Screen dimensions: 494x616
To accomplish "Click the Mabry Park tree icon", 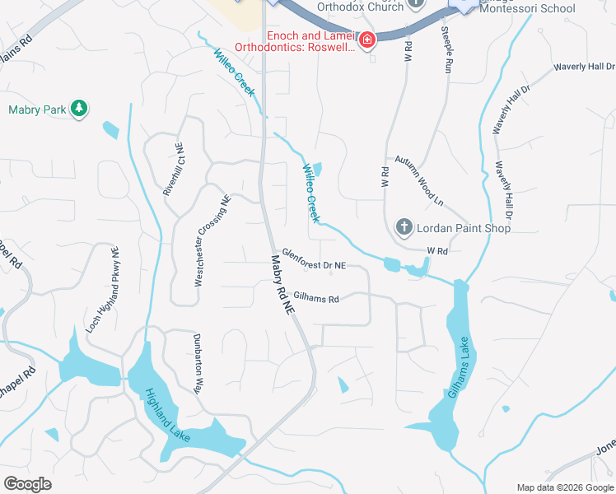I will click(x=78, y=109).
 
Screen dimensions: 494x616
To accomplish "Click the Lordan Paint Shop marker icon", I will click(x=404, y=226).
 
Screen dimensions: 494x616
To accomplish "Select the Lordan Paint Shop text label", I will click(x=463, y=227).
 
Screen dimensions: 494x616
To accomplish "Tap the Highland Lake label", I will click(x=168, y=415).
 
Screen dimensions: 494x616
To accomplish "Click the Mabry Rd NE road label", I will click(x=282, y=283).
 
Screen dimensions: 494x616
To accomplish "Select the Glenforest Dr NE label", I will click(x=314, y=259).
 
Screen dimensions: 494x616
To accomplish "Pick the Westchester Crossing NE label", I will click(x=212, y=241).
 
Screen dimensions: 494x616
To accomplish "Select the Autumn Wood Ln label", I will click(x=418, y=180).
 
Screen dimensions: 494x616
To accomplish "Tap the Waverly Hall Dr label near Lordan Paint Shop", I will click(x=503, y=189).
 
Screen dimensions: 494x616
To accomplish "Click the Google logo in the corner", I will click(x=27, y=483).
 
